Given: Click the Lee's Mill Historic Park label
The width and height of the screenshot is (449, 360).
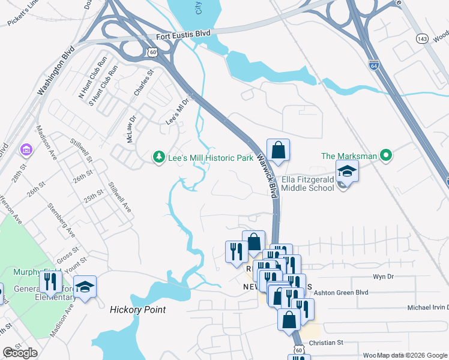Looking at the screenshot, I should click(x=211, y=157).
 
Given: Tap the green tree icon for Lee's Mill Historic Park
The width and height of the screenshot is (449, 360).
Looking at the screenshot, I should click(x=159, y=157).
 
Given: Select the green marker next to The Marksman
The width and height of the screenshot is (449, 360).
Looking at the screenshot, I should click(x=387, y=156).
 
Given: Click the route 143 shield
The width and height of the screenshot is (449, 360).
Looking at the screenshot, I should click(x=423, y=38).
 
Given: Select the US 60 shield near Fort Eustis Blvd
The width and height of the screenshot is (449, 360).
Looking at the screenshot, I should click(x=154, y=53).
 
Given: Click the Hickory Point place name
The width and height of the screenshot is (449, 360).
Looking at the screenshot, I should click(x=137, y=310).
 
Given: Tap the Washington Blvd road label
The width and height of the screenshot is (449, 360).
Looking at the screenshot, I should click(x=55, y=71).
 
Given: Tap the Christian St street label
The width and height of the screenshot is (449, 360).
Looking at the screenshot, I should click(x=325, y=343).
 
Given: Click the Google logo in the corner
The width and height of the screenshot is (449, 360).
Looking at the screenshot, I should click(x=20, y=353).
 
